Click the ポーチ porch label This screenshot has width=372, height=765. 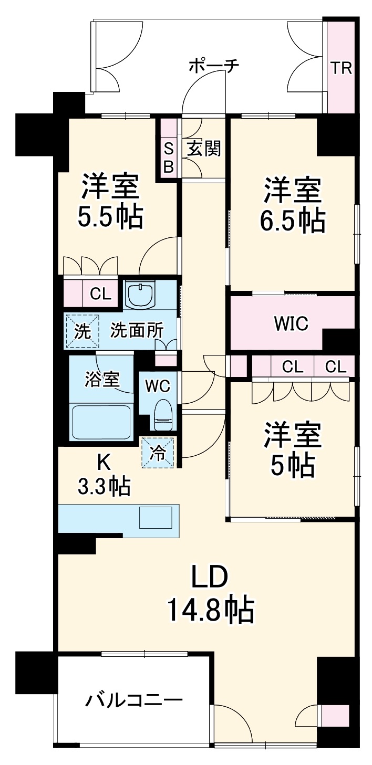coord(213,66)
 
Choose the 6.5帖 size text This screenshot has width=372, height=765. coord(292,221)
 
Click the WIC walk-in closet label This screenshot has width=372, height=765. coord(290,323)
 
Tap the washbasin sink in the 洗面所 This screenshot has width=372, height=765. coord(140,296)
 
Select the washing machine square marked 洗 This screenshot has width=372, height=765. coord(81,331)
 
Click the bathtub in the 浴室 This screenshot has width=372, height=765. coord(101,422)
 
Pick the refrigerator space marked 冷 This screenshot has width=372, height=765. coord(158,453)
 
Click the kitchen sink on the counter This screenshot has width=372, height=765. coord(155,517)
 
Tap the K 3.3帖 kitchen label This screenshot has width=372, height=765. coord(104,476)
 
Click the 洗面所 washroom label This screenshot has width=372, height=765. coord(136,331)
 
